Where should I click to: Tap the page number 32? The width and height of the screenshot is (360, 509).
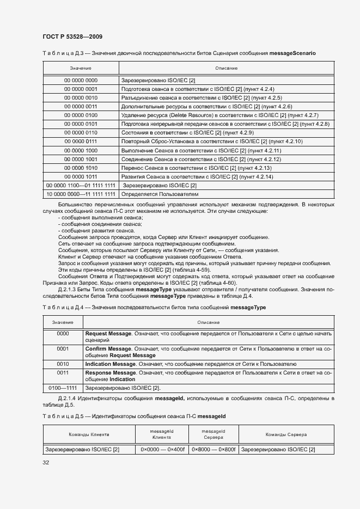pos(46,462)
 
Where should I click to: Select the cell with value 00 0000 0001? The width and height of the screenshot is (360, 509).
pos(81,89)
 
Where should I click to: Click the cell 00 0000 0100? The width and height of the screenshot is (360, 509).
pos(81,115)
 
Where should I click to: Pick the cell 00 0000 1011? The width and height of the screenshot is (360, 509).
pos(81,176)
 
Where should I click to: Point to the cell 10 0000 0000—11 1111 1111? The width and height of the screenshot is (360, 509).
pos(81,194)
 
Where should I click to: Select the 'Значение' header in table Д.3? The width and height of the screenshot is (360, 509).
pos(81,68)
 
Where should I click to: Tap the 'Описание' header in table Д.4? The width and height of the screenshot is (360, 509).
pos(208,323)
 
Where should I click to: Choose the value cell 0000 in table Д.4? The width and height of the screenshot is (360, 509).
pos(63,333)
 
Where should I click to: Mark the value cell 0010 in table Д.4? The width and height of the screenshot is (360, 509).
pos(63,364)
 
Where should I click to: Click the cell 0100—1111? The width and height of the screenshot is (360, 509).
pos(63,388)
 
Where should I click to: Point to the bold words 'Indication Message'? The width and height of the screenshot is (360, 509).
pos(110,364)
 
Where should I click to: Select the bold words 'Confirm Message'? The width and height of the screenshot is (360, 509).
pos(108,348)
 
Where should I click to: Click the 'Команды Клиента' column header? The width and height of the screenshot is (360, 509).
pos(89,434)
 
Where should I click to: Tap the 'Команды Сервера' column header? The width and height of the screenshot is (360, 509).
pos(286,434)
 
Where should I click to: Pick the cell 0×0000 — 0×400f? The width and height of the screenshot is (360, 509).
pos(162,449)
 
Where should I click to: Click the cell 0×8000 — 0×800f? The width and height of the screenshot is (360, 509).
pos(213,449)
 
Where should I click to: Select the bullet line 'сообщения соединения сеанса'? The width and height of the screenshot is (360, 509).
pos(101,224)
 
